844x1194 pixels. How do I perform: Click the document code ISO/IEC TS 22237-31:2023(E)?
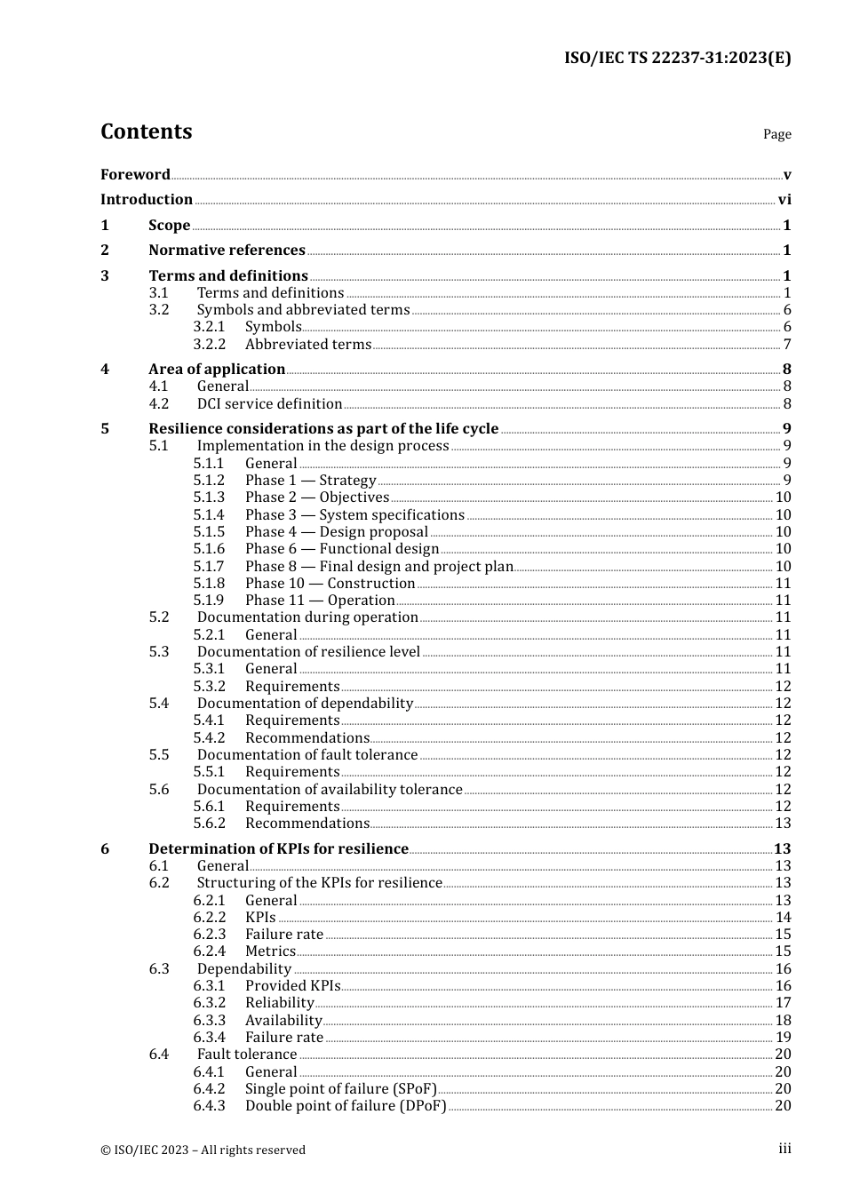pos(677,59)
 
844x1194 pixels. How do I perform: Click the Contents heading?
pos(146,131)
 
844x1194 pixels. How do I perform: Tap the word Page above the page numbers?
pos(776,134)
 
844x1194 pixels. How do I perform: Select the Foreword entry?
pos(135,174)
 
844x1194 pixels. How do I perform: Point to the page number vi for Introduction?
pos(784,200)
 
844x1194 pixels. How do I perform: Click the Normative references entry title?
pos(227,251)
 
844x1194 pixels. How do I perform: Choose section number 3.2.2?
pos(210,344)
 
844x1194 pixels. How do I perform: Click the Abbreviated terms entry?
pos(308,344)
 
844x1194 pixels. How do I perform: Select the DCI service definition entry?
pos(269,403)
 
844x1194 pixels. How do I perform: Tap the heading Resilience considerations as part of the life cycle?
pos(323,428)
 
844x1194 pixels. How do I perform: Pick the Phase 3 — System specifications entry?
pos(354,514)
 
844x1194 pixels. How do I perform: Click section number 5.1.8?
pos(210,583)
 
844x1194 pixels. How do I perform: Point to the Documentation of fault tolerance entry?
pos(307,754)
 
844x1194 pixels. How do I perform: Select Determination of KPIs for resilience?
pos(278,848)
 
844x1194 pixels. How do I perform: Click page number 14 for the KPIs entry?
pos(783,917)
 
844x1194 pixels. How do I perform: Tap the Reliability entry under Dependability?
pos(279,1002)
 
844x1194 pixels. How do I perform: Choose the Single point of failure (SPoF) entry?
pos(341,1088)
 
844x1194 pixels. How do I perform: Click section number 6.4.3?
pos(210,1105)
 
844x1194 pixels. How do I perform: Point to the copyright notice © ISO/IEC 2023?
pos(203,1150)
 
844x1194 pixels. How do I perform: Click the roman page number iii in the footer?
pos(784,1149)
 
